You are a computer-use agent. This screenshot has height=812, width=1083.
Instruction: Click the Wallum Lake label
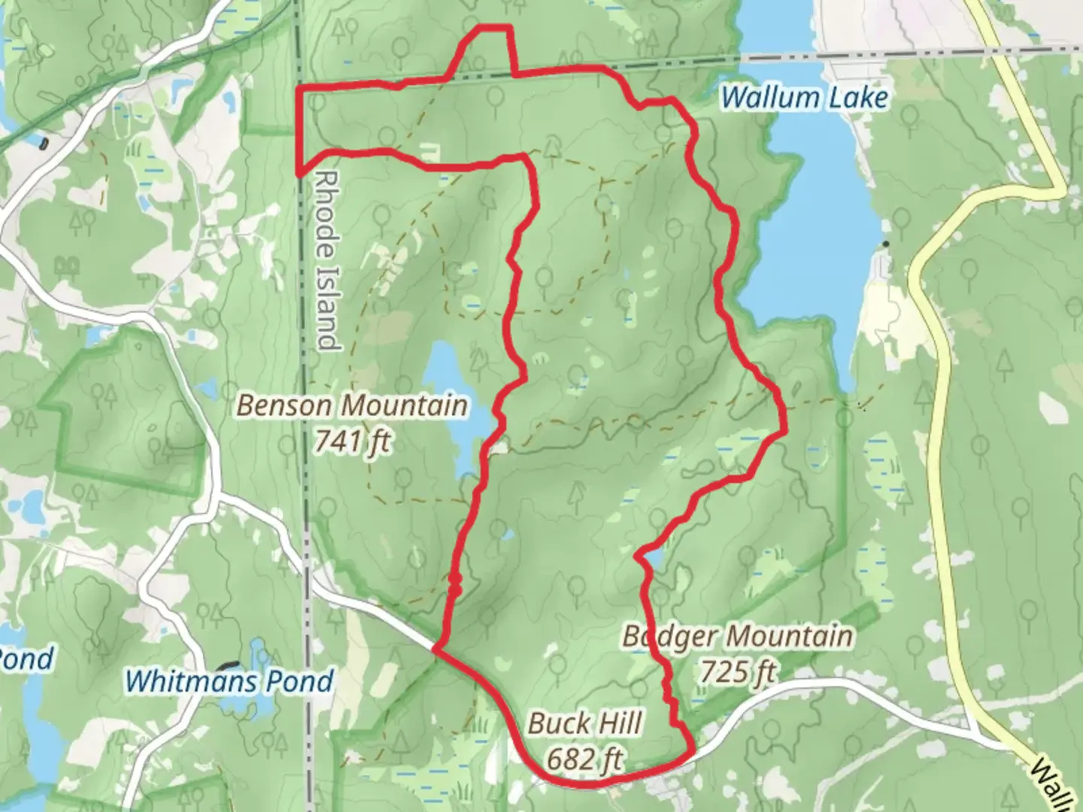tap(804, 98)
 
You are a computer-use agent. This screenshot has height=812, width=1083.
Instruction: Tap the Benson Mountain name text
tap(352, 406)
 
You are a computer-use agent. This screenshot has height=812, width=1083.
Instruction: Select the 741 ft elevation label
tap(352, 441)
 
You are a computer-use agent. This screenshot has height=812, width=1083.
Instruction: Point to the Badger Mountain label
tap(737, 637)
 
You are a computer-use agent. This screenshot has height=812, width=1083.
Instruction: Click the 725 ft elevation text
tap(737, 671)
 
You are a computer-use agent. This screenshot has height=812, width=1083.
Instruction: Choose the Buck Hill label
tap(584, 724)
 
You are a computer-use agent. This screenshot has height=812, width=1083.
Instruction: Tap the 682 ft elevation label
tap(584, 759)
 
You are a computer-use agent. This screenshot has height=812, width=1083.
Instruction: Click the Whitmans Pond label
tap(229, 681)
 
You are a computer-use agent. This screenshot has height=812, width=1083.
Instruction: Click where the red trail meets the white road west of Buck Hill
tap(435, 647)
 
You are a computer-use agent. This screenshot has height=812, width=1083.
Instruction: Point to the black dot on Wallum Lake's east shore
tap(886, 244)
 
